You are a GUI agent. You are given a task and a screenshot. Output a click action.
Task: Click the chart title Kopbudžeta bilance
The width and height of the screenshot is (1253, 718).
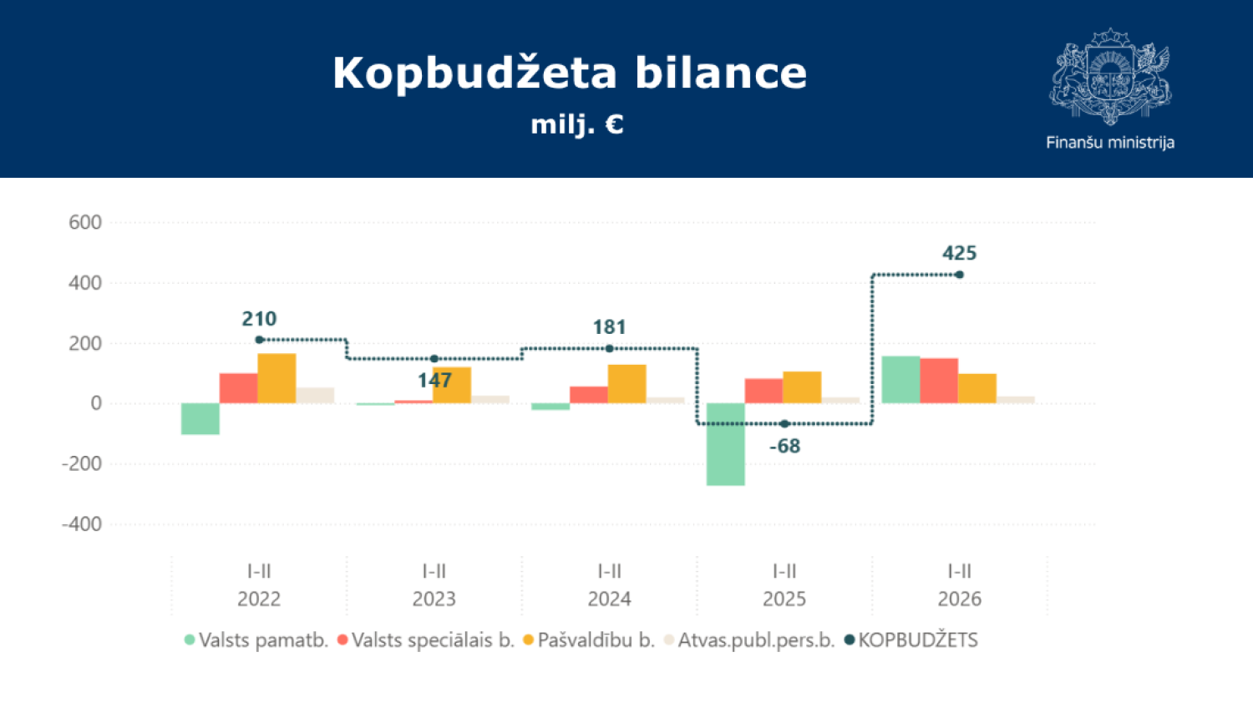tap(570, 73)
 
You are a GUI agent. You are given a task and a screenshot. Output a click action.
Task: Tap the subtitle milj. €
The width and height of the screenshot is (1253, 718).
tap(577, 124)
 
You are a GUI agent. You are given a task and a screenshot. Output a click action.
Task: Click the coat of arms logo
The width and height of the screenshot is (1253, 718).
tap(1110, 76)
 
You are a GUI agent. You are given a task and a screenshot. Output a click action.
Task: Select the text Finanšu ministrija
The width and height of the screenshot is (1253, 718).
tap(1110, 143)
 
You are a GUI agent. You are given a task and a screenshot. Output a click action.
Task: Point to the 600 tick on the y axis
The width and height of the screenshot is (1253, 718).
tap(85, 223)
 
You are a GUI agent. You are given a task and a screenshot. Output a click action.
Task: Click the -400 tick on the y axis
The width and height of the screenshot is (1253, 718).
tap(82, 524)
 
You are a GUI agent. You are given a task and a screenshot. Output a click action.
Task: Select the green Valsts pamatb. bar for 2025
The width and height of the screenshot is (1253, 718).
tap(725, 444)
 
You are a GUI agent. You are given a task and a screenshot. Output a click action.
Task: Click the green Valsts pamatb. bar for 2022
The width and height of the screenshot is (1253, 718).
tap(200, 418)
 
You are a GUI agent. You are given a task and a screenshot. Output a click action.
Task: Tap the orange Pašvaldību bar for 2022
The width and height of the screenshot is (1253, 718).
tap(276, 378)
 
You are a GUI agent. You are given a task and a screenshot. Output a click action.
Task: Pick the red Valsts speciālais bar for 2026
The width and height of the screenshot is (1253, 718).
tap(939, 381)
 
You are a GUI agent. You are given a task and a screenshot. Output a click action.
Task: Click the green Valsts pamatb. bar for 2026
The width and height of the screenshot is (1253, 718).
tap(900, 380)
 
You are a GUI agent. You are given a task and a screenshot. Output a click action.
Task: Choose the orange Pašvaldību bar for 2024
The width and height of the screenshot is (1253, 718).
tap(626, 384)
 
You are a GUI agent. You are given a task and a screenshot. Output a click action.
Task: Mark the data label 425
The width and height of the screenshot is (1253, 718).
tap(959, 253)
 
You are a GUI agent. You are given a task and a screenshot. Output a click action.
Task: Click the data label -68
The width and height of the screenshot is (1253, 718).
tap(784, 447)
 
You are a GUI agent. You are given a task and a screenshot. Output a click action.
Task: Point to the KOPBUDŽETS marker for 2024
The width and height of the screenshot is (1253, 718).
tap(609, 349)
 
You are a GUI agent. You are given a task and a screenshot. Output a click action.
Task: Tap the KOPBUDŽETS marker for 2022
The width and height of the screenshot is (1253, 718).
tap(259, 340)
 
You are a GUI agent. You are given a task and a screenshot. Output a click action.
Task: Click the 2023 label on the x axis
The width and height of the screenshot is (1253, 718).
tap(434, 599)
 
